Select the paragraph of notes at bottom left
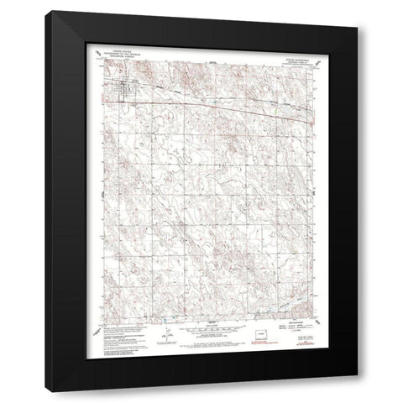118,333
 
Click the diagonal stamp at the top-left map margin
95,58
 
